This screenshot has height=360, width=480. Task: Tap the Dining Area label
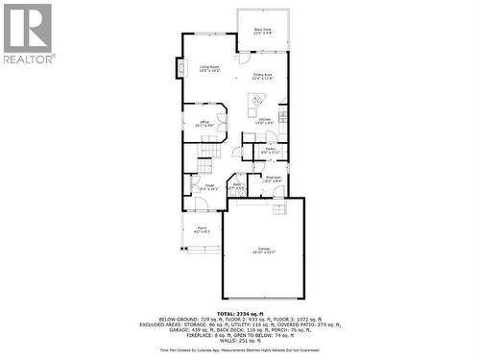point(263,76)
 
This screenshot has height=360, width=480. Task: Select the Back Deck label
point(263,33)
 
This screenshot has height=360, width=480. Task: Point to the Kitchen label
point(263,121)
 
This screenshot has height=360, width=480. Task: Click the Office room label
point(204,123)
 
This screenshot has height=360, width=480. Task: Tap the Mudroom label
point(273,179)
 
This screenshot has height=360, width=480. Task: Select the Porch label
point(203,230)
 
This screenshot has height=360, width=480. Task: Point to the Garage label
point(263,251)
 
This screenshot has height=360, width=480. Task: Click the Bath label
point(237,186)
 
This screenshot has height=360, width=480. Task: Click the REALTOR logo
point(29,34)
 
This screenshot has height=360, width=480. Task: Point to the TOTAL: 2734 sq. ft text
point(240,313)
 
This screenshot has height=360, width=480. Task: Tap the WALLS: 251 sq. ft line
point(240,339)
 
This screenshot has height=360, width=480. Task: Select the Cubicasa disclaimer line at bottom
point(240,350)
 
